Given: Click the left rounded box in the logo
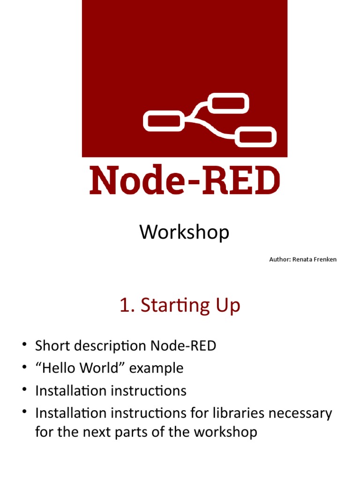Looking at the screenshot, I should (x=162, y=120).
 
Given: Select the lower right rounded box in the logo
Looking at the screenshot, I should (x=255, y=137).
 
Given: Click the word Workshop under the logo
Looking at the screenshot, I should (x=184, y=232).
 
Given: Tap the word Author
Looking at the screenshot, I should (x=279, y=259).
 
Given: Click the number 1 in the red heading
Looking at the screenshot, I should (x=124, y=306).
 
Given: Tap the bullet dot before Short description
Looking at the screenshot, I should (x=23, y=345).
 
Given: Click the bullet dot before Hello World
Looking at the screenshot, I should (x=23, y=368).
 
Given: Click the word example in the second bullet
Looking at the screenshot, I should (x=156, y=368).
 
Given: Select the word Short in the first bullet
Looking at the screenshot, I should (x=52, y=346).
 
